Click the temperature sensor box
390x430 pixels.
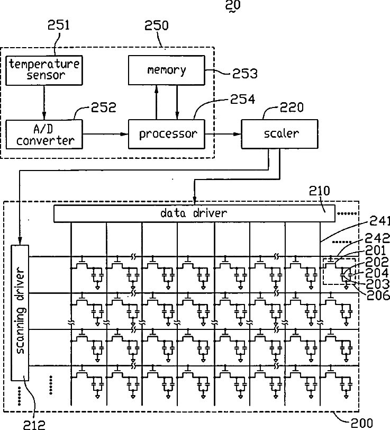point(44,70)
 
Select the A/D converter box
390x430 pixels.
point(44,134)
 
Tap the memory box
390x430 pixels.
point(167,70)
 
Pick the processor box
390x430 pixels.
point(167,134)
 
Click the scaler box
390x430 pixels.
point(279,134)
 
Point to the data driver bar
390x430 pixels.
point(194,213)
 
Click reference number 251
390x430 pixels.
point(59,25)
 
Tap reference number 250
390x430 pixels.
point(157,25)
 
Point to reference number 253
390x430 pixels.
point(245,74)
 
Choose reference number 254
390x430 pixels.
point(242,99)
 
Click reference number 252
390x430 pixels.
point(104,107)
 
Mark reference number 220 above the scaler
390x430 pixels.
point(292,107)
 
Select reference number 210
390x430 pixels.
point(320,191)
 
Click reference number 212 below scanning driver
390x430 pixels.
point(34,425)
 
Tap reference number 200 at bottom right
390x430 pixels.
point(362,423)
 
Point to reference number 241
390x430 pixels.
point(379,221)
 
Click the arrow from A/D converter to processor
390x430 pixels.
point(105,134)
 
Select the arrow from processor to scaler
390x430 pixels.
point(223,134)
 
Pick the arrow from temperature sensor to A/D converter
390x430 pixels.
point(44,102)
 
